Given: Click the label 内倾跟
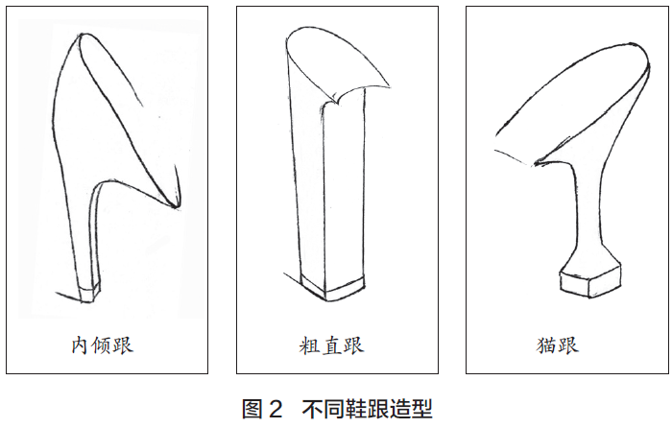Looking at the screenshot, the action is [102, 345].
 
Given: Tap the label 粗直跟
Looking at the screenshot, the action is [331, 345].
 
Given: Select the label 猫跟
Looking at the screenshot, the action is [558, 345].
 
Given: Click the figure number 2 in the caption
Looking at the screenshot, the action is [276, 408].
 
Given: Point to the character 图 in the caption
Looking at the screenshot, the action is [252, 408].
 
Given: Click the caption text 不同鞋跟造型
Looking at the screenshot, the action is [368, 408].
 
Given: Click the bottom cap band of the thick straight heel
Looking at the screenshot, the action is [332, 288].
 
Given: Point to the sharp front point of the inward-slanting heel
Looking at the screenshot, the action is [176, 207].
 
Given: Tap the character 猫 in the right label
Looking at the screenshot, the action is [546, 345].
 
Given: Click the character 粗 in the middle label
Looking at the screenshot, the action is [309, 345].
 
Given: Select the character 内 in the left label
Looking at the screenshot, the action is [81, 345].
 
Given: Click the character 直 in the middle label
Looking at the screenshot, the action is [332, 345].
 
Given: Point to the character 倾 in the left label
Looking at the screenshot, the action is [102, 345].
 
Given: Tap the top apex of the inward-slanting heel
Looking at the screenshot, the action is [80, 35].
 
